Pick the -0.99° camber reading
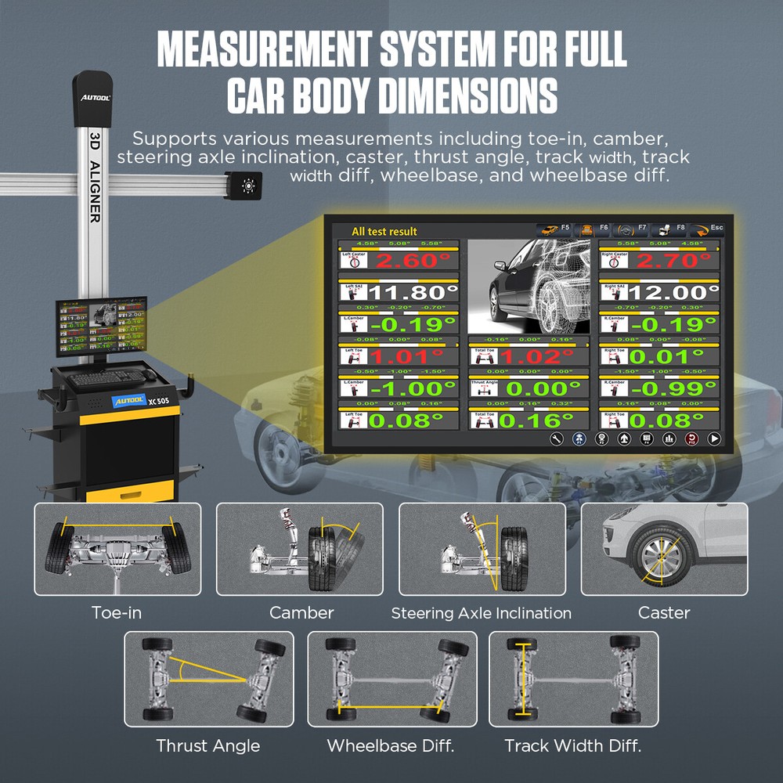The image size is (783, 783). click(x=673, y=388)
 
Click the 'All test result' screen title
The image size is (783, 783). click(x=384, y=231)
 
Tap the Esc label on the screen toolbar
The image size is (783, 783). click(x=716, y=228)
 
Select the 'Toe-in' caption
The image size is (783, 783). click(x=117, y=612)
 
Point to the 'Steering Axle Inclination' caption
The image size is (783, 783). click(x=481, y=613)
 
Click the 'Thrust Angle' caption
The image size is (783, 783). click(x=207, y=745)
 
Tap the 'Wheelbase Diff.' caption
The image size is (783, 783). click(x=391, y=745)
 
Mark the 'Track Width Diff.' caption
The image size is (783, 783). click(x=572, y=745)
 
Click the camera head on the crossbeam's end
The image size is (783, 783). click(x=247, y=185)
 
